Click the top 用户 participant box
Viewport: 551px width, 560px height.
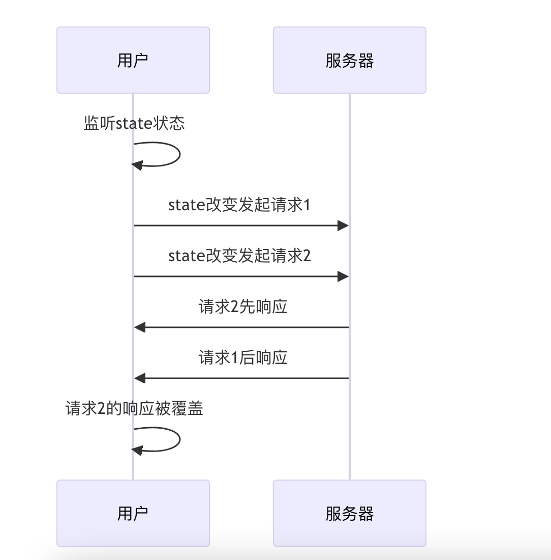tap(133, 60)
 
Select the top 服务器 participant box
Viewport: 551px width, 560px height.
tap(349, 60)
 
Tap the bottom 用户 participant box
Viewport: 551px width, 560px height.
tap(133, 513)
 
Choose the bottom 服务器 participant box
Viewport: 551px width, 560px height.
tap(349, 513)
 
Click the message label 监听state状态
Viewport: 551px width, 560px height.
tap(134, 123)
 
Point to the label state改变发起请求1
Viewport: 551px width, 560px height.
tap(239, 205)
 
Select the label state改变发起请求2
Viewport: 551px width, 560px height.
tap(239, 256)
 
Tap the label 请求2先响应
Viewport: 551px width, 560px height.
tap(242, 307)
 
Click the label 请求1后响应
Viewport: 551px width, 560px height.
tap(242, 358)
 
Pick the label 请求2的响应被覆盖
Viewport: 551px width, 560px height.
tap(134, 408)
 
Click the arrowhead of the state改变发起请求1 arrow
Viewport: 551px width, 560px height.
tap(343, 226)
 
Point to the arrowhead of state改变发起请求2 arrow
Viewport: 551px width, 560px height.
tap(343, 276)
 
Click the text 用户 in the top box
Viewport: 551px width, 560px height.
tap(133, 61)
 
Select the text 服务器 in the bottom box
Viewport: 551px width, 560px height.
tap(349, 514)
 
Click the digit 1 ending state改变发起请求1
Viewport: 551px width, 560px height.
tap(307, 205)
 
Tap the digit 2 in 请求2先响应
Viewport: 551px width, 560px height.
tap(234, 307)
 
